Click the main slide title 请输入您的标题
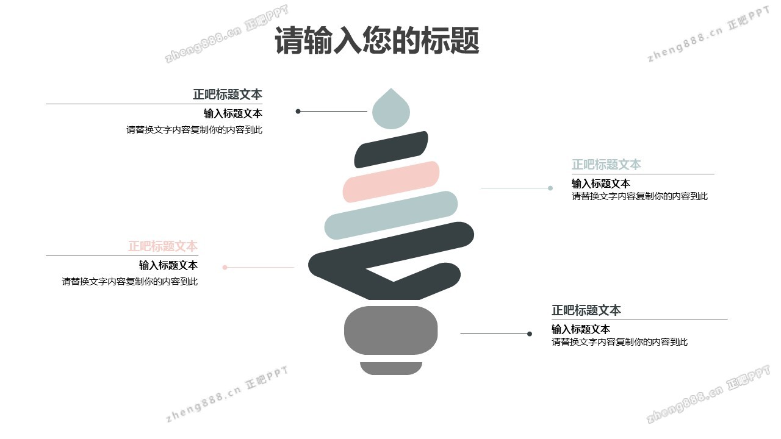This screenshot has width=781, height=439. tap(376, 41)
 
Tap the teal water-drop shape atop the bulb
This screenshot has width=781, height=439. tap(390, 111)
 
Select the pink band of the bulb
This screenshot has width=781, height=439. tap(391, 181)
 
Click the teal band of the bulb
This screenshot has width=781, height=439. tap(391, 215)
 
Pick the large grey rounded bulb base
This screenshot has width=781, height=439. tap(391, 330)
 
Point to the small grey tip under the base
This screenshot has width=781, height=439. tap(391, 368)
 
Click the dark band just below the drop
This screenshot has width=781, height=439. tap(391, 149)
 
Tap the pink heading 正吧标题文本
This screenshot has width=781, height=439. tap(162, 246)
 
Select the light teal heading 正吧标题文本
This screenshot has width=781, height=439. tap(606, 165)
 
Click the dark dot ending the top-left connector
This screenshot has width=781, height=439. tap(298, 112)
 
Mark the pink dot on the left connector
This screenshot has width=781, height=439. tap(225, 267)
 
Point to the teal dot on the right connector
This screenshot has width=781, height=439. tap(550, 188)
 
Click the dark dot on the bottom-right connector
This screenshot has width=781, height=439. tap(530, 334)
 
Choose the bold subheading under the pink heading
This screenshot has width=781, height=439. tap(168, 265)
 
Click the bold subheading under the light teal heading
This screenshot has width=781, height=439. tap(600, 184)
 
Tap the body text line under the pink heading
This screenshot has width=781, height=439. tap(129, 282)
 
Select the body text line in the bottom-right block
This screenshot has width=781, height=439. tap(619, 342)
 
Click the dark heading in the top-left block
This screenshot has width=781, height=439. tap(228, 95)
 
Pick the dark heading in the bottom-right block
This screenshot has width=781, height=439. tap(586, 310)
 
